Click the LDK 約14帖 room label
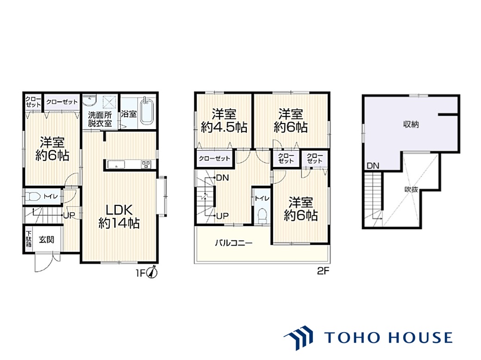point(119,217)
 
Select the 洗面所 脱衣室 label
point(100,119)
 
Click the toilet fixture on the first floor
point(32,196)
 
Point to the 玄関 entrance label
point(46,240)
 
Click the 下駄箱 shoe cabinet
point(29,239)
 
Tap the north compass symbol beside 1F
point(152,272)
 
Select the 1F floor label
point(140,273)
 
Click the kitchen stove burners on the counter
point(146,165)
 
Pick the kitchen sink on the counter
point(116,165)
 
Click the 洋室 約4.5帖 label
point(224,120)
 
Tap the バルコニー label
point(234,243)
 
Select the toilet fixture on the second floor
point(262,216)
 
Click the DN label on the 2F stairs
point(222,178)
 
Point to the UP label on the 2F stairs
point(222,216)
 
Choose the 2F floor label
point(323,271)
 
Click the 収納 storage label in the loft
point(411,124)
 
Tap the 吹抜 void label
point(412,189)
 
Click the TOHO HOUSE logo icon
point(299,338)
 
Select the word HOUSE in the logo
point(421,338)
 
